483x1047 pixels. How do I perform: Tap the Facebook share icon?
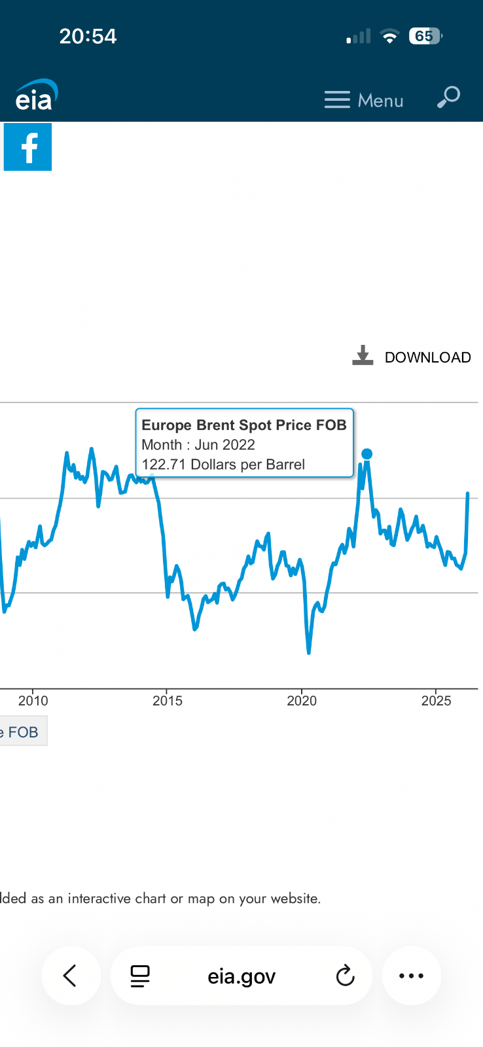coord(27,147)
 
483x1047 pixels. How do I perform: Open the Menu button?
coord(364,100)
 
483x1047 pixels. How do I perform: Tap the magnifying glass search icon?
coord(449,97)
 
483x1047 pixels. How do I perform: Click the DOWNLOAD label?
coord(427,357)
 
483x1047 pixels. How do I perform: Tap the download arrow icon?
coord(363,355)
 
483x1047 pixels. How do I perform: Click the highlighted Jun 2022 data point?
coord(367,453)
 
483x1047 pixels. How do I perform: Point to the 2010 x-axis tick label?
coord(33,701)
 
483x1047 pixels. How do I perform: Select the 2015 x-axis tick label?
coord(168,701)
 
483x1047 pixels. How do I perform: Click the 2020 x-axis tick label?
coord(302,701)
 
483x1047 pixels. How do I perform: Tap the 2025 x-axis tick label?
coord(436,701)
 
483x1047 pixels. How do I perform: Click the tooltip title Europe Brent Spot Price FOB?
coord(243,425)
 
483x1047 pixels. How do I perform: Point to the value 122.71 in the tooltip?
coord(164,465)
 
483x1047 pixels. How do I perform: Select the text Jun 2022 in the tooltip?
coord(224,445)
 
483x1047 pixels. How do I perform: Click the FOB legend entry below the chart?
coord(22,732)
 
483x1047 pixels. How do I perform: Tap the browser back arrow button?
coord(71,976)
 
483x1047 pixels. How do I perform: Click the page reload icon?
coord(345,976)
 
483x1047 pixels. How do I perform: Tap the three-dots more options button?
coord(411,976)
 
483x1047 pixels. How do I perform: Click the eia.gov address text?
coord(241,976)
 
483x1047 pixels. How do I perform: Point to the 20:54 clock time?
coord(88,36)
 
